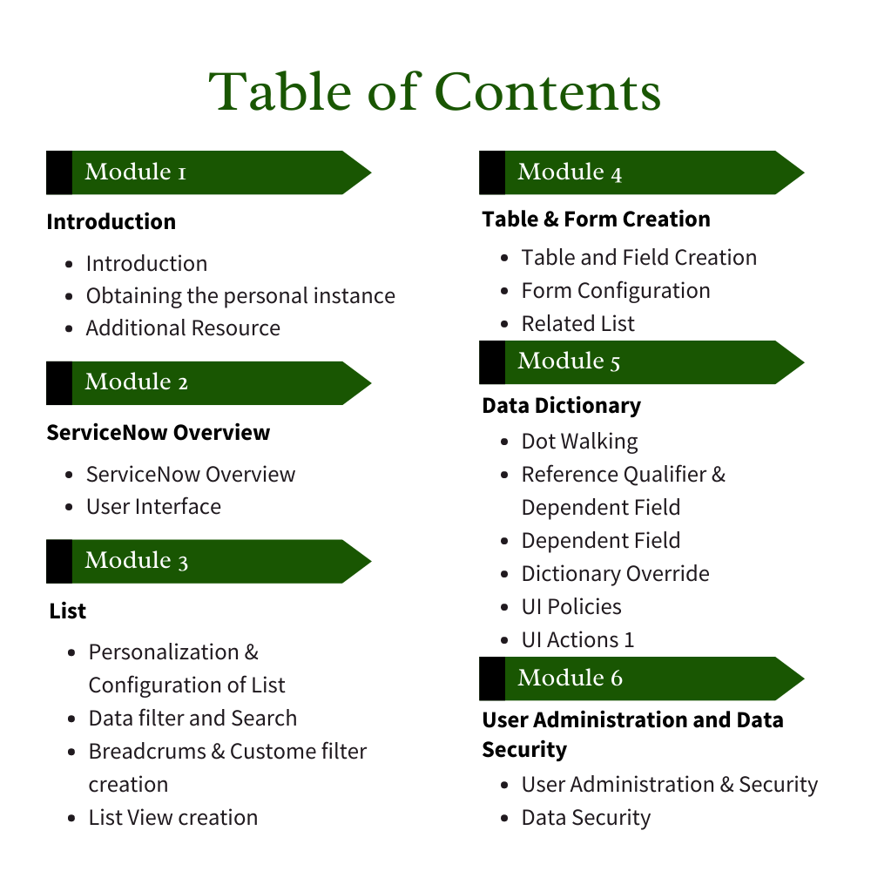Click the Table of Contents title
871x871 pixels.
435,91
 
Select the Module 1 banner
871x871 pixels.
209,172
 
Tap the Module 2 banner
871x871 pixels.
209,382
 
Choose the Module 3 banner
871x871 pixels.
209,561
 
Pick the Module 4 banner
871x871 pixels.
641,172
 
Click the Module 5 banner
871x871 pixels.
641,361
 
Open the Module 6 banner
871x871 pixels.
641,679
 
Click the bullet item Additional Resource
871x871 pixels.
183,328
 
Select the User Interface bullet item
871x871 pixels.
153,507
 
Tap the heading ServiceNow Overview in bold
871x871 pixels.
159,433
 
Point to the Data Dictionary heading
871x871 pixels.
562,406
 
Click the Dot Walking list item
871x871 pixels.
579,442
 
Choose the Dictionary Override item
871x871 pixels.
615,574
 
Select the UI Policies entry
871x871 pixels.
571,607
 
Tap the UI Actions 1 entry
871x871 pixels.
577,640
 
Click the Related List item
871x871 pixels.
578,324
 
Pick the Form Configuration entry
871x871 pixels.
616,291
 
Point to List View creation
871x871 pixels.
173,818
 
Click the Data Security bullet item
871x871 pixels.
586,819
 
